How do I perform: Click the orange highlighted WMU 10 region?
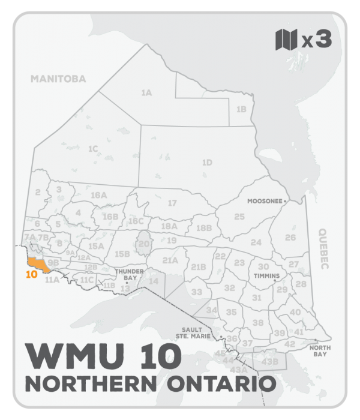(x=35, y=262)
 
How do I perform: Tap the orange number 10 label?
(x=33, y=276)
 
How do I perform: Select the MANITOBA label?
(x=59, y=79)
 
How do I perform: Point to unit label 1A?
(x=146, y=93)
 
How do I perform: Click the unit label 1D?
(x=207, y=162)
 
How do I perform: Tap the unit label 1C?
(x=93, y=148)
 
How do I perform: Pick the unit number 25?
(x=239, y=216)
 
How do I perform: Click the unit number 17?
(x=172, y=203)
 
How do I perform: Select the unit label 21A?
(x=170, y=260)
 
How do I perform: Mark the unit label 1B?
(x=241, y=109)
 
